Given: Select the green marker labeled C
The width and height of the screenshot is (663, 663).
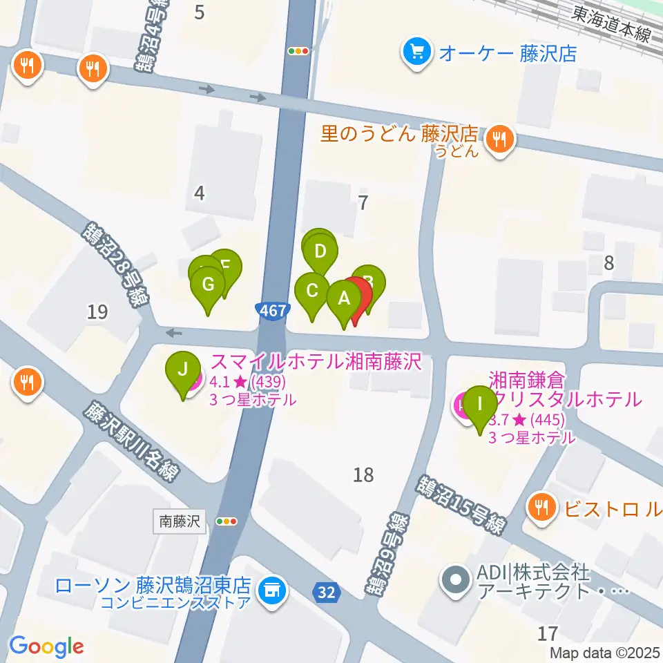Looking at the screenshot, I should click(312, 291).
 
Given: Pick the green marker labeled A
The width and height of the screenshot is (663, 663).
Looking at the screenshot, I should click(343, 299).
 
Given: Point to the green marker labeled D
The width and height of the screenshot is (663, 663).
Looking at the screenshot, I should click(319, 251).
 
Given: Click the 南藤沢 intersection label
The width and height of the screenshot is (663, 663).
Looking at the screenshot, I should click(180, 521).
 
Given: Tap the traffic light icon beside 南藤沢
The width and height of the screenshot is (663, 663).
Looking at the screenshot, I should click(227, 521).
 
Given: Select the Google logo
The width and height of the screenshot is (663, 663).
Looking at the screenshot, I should click(46, 646).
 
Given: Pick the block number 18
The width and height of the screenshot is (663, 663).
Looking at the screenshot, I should click(363, 474).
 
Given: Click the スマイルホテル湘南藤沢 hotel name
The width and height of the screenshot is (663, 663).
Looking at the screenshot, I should click(316, 362).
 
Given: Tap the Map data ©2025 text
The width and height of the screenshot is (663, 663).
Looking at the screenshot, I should click(605, 652).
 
